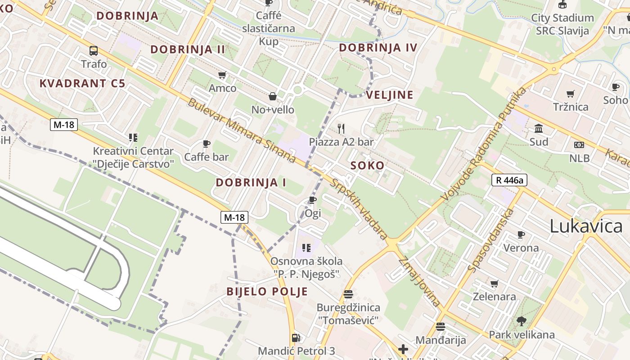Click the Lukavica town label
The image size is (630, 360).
point(586,226)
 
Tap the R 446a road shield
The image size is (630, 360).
point(509,180)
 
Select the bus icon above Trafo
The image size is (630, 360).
point(94,50)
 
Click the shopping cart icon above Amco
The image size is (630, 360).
point(222,75)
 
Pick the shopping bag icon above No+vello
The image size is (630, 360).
point(273,96)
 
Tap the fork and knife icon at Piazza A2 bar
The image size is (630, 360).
point(341,129)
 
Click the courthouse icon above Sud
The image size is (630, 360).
point(539,129)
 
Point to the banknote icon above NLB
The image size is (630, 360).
point(579,145)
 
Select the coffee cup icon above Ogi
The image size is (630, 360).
point(313,200)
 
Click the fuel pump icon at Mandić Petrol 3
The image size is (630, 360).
point(296,337)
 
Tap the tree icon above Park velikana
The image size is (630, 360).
point(522,321)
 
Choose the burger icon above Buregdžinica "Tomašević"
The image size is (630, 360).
point(348,294)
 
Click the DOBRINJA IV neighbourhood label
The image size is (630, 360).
point(378,47)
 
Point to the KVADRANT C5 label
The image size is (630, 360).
point(82,83)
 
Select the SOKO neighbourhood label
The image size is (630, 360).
point(368,166)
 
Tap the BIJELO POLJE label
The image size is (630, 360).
point(267,291)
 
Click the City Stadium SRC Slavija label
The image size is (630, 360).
point(562,24)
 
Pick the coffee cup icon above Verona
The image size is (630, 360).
point(521,234)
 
